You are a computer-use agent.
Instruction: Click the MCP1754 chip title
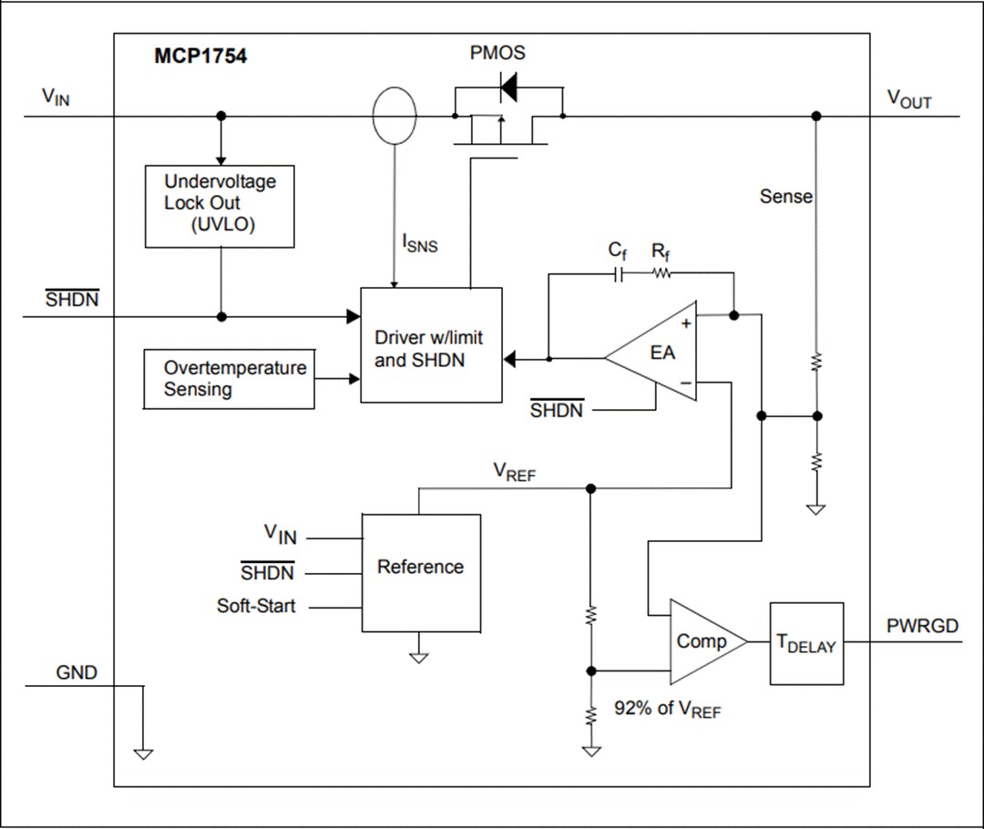[x=200, y=56]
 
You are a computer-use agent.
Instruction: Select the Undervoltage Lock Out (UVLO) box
[x=220, y=206]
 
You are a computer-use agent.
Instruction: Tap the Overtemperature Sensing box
[x=230, y=379]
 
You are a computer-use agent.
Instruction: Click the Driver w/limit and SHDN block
[x=431, y=345]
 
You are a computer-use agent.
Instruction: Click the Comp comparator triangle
[x=703, y=641]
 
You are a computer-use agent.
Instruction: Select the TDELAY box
[x=806, y=643]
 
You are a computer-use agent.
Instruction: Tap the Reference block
[x=421, y=572]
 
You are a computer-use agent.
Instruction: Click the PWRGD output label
[x=921, y=626]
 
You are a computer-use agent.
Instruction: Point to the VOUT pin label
[x=908, y=99]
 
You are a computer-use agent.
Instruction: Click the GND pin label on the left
[x=77, y=673]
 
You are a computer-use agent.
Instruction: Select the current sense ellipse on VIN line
[x=395, y=116]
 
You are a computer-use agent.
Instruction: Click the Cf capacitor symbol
[x=620, y=272]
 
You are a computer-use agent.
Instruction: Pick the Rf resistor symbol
[x=661, y=272]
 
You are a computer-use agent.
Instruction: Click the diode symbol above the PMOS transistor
[x=507, y=87]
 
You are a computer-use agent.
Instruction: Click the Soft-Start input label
[x=256, y=606]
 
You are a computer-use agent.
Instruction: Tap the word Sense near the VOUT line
[x=786, y=196]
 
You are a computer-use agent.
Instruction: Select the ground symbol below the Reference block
[x=418, y=656]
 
